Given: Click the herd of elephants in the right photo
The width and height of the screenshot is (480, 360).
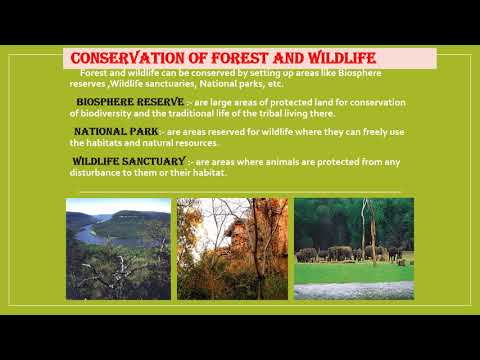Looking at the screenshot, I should (x=345, y=253).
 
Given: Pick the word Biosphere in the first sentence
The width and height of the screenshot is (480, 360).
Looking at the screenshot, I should (x=365, y=73).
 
